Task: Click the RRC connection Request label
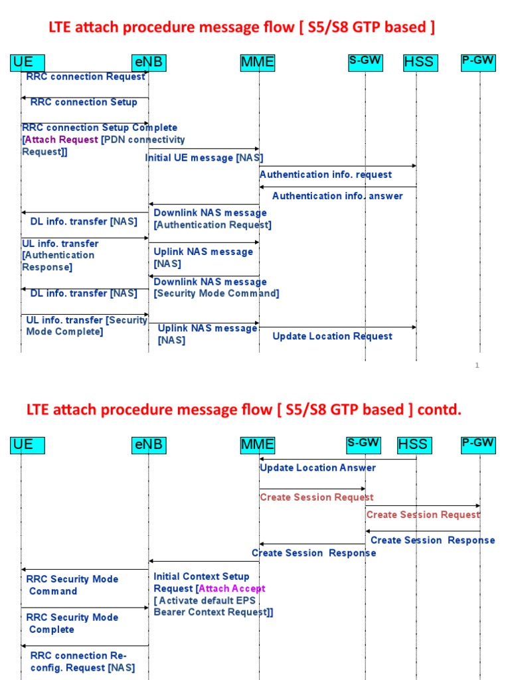86,77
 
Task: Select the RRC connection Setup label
84,102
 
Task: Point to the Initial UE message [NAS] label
204,158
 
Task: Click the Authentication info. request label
325,175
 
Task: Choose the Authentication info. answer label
337,196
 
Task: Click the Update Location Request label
332,336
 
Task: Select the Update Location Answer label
317,467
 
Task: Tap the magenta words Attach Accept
232,588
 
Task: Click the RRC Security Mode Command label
72,585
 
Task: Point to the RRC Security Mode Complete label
72,624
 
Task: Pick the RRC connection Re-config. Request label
82,661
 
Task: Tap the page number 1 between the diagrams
477,365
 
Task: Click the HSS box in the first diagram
419,62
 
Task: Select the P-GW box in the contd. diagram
478,443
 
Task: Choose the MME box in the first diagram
257,62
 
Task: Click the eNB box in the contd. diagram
148,444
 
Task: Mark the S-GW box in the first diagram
365,61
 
